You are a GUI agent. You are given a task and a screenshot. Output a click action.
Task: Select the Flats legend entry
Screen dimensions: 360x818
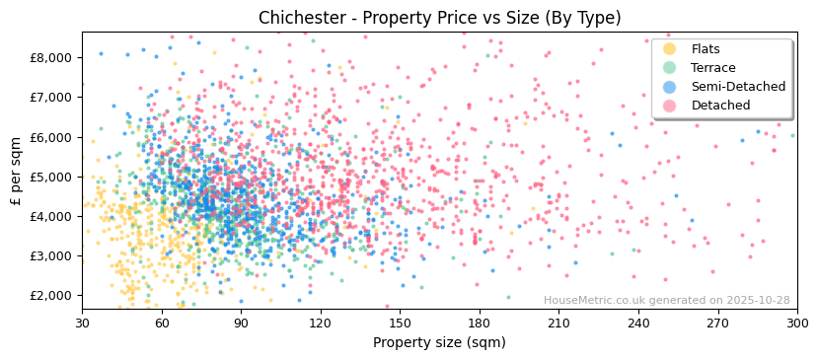pos(706,49)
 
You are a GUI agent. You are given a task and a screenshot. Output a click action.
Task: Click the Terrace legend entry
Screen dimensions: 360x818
pos(713,68)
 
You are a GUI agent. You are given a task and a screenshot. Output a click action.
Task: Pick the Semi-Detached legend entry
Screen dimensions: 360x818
pos(738,87)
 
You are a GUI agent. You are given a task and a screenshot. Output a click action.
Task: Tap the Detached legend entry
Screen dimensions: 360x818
pos(720,106)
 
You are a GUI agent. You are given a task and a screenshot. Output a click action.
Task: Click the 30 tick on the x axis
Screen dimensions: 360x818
pos(82,324)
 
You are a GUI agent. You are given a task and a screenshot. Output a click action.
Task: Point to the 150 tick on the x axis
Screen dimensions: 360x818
pos(400,324)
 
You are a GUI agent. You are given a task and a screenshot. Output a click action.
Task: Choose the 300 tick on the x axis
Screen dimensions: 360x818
pos(797,324)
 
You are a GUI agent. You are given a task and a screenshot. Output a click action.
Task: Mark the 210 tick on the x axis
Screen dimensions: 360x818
pos(558,324)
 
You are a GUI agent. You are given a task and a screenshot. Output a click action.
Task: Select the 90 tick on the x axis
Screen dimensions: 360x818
pos(241,324)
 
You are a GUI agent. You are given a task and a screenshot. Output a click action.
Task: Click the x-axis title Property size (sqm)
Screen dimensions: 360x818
pos(439,343)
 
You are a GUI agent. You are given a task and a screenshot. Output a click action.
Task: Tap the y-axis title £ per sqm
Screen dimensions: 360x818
pos(16,172)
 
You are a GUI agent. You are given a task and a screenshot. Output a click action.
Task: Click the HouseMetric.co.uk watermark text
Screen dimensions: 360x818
pos(667,301)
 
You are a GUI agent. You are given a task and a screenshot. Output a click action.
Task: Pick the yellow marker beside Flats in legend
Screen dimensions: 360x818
pos(670,49)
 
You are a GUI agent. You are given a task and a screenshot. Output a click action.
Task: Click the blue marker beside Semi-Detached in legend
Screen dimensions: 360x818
pos(670,87)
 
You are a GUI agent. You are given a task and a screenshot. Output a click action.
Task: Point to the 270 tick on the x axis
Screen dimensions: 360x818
pos(717,324)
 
